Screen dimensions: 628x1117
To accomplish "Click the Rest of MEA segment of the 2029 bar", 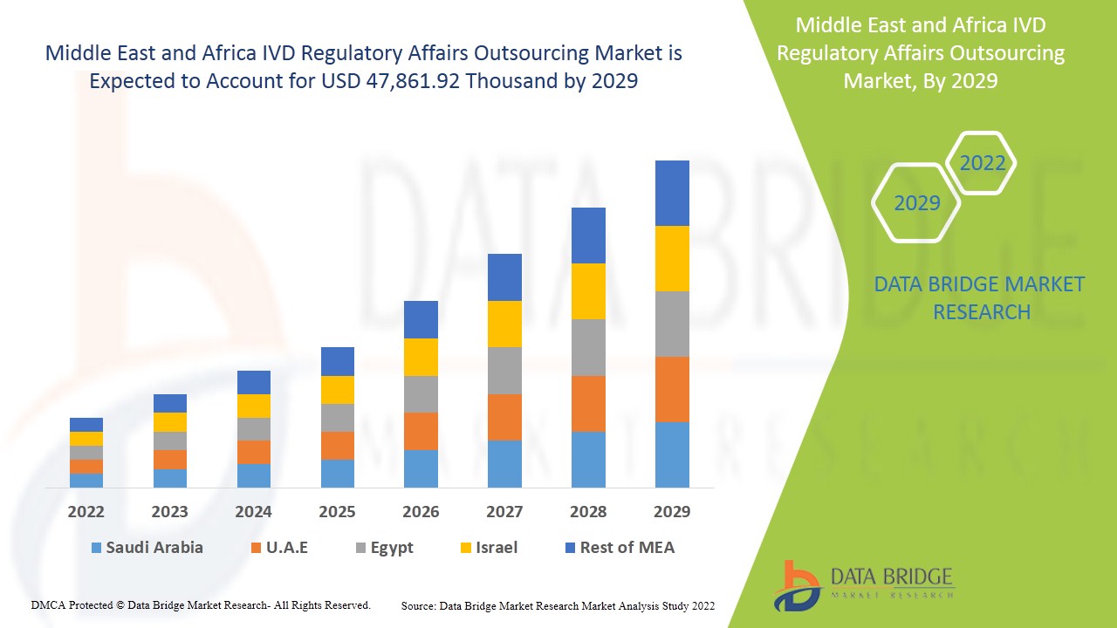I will coord(672,193).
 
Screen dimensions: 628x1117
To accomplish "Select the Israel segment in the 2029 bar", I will coord(672,258).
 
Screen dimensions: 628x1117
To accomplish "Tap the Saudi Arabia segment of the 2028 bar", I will coord(588,459).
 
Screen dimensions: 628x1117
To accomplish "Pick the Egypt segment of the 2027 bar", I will coord(504,371).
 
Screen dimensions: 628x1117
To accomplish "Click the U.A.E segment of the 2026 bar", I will coord(421,431).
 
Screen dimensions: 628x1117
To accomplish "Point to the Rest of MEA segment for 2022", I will coord(86,425).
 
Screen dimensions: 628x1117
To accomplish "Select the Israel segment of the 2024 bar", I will coord(254,406).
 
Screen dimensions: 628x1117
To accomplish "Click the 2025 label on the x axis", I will coord(337,512).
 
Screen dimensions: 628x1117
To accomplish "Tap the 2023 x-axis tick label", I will coord(170,512).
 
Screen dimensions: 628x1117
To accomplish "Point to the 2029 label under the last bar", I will coord(672,512).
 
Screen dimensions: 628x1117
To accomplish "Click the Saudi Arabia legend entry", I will coord(147,548).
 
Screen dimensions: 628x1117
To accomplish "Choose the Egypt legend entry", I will coord(383,548).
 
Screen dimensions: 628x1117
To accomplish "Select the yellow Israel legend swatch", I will coord(466,548).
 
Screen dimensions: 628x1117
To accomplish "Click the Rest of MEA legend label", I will coord(627,548).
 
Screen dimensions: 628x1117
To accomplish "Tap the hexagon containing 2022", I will coord(982,163).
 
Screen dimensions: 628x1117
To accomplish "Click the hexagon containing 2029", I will coord(916,203).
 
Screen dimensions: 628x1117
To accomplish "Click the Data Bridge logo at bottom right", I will coord(863,584).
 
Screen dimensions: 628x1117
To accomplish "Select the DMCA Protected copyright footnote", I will coord(201,604).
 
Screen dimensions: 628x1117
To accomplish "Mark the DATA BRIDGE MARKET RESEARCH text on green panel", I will coord(980,297).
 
